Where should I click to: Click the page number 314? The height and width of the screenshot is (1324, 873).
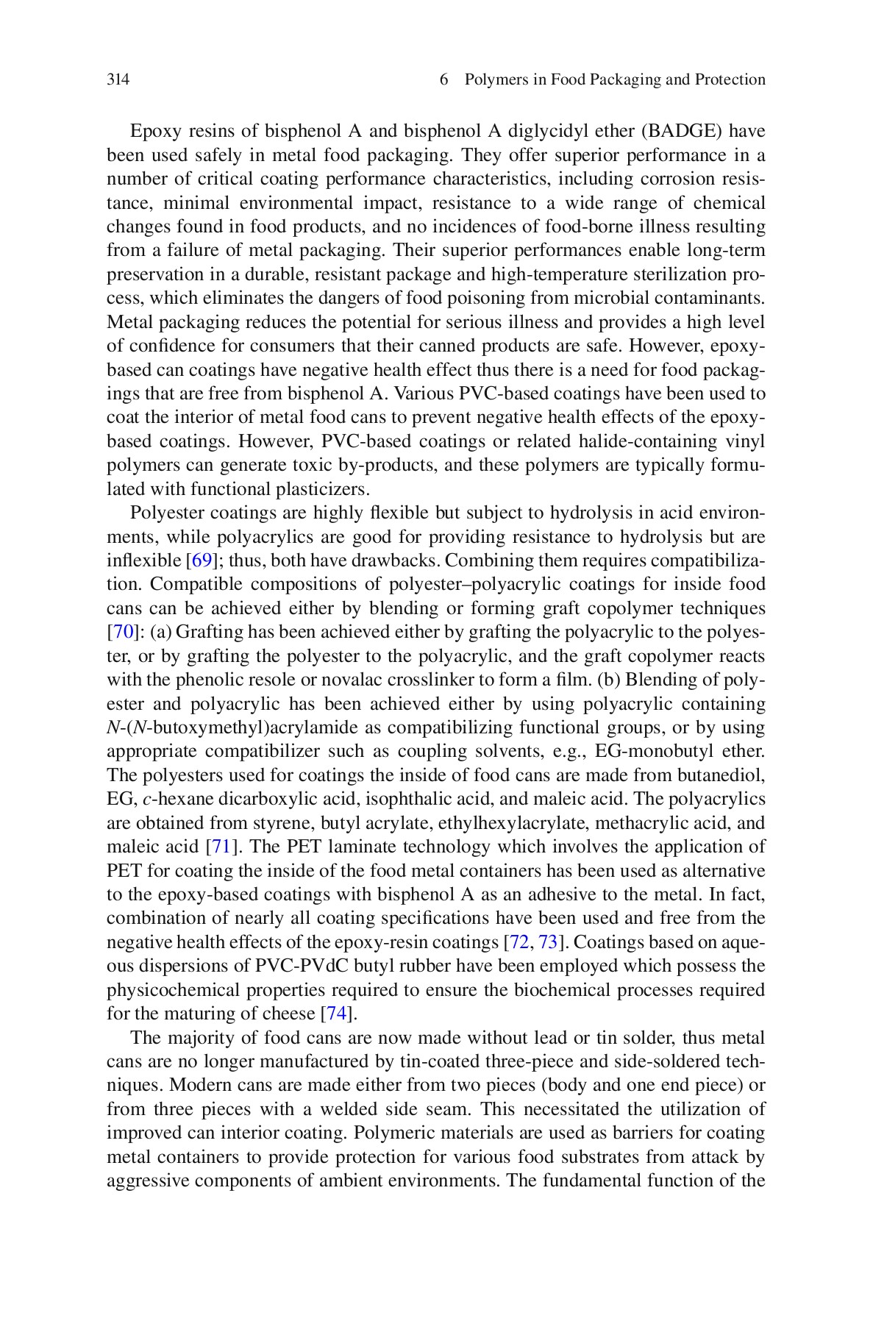(118, 79)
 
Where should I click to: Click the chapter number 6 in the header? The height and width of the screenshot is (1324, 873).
(443, 79)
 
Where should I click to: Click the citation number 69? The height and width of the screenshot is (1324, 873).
(201, 560)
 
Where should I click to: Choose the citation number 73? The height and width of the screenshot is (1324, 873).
(548, 942)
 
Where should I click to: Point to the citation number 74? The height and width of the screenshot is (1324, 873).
(336, 1014)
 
